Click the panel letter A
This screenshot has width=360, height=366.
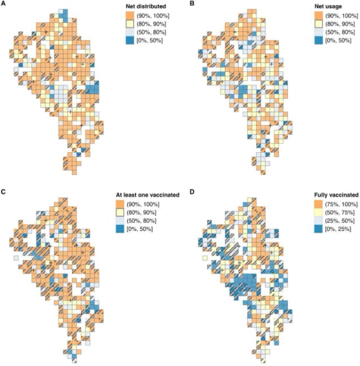click(x=4, y=4)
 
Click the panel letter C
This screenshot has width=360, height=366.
click(x=4, y=192)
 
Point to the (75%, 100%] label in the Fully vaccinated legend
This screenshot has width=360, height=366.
click(x=332, y=204)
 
